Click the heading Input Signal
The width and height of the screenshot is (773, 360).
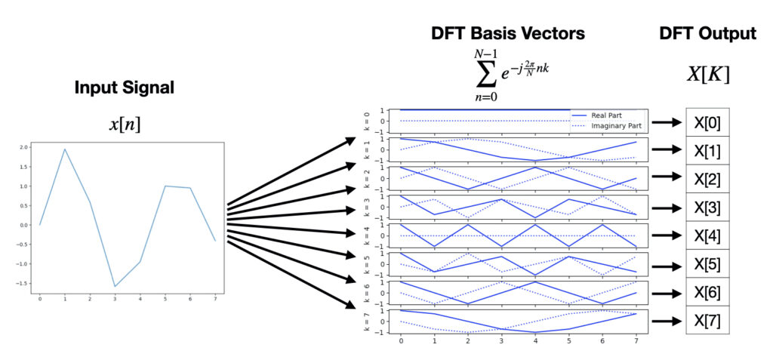pos(124,88)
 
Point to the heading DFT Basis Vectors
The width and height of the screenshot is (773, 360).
pos(507,33)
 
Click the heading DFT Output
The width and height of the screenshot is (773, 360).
pos(707,33)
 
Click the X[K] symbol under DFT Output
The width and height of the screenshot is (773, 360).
pos(707,75)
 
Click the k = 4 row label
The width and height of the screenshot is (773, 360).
pos(368,235)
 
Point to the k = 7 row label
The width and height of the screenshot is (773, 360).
pos(368,322)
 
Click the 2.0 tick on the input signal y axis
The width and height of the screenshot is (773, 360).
pos(23,147)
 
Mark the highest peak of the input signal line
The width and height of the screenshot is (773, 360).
pos(65,149)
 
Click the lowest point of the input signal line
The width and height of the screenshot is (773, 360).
pos(115,286)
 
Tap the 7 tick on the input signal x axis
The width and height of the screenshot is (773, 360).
pos(214,299)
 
